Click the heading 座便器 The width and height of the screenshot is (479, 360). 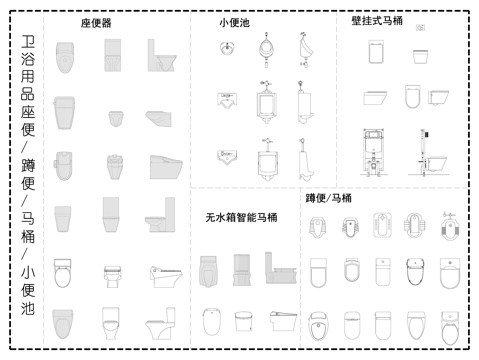click(x=96, y=22)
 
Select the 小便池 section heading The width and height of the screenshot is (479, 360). click(x=235, y=22)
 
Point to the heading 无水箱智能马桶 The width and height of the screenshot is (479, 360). click(x=241, y=217)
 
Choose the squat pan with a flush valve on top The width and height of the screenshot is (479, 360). click(x=449, y=227)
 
